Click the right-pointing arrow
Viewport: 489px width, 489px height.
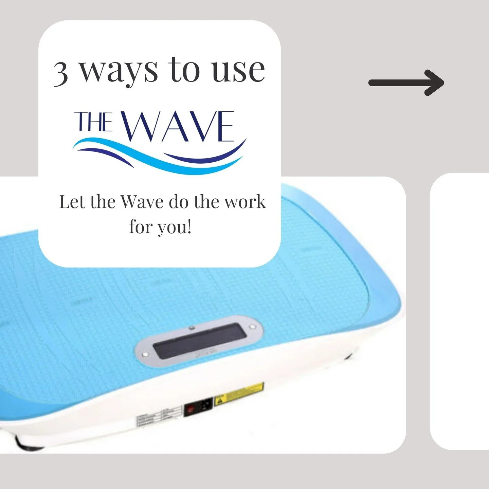406,83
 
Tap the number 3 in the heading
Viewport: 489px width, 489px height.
61,73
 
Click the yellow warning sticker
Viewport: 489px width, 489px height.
239,394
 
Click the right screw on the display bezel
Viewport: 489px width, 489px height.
252,327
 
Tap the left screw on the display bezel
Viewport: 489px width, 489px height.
145,354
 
